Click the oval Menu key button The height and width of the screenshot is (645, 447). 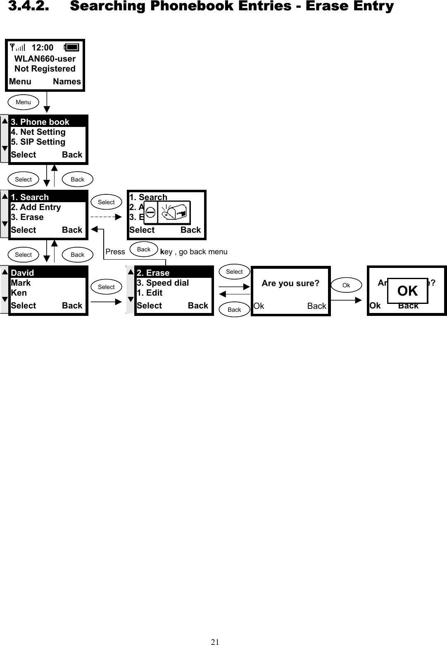23,102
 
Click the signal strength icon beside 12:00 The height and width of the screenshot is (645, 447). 17,48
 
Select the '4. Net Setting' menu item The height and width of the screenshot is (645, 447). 38,132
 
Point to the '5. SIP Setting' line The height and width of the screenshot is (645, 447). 38,142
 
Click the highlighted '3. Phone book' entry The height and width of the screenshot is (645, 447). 40,122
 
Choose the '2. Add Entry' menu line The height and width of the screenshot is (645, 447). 36,208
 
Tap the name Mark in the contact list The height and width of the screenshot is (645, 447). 21,283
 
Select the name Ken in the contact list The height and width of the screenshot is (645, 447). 19,293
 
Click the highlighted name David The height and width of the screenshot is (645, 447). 22,273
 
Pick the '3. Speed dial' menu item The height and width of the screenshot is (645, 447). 163,283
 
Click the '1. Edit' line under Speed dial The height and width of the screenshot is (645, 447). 150,293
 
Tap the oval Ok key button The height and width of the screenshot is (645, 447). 346,285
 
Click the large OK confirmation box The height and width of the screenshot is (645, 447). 407,291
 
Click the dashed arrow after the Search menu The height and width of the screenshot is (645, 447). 106,217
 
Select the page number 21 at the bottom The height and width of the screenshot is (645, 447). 215,642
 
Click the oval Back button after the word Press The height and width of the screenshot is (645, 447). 144,249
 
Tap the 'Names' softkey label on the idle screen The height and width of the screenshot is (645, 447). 67,82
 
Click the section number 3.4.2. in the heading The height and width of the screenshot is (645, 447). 29,6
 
